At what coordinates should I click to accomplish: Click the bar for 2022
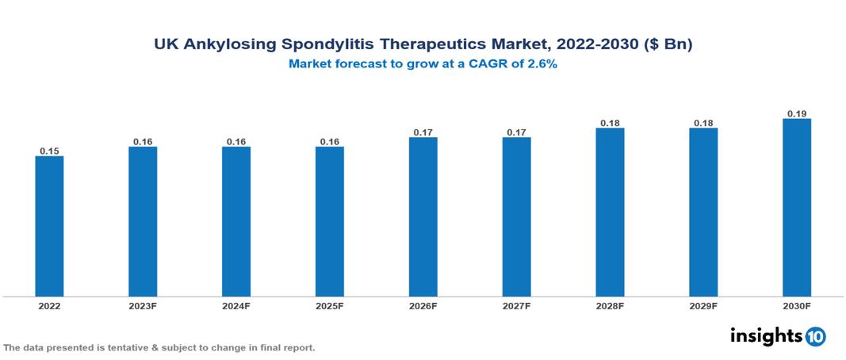click(x=49, y=226)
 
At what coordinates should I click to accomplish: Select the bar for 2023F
click(x=143, y=221)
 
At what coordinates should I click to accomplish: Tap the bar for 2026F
click(x=423, y=216)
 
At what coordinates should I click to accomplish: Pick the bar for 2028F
click(x=610, y=212)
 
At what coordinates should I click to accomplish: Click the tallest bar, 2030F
click(x=797, y=207)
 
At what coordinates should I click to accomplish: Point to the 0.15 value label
click(x=49, y=151)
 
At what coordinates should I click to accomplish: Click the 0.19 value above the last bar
click(x=797, y=113)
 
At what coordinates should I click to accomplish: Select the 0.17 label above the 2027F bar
click(x=517, y=132)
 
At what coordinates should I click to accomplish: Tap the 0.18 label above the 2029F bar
click(x=703, y=123)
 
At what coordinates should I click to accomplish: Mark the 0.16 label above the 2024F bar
click(x=236, y=142)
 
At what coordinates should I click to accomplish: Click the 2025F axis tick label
click(x=330, y=305)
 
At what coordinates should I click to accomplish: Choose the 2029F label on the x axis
click(x=703, y=305)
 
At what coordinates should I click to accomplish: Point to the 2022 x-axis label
click(x=49, y=305)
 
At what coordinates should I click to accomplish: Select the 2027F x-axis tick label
click(x=517, y=305)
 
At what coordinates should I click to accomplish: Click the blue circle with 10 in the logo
click(x=815, y=336)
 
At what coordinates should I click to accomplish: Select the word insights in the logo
click(x=766, y=335)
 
